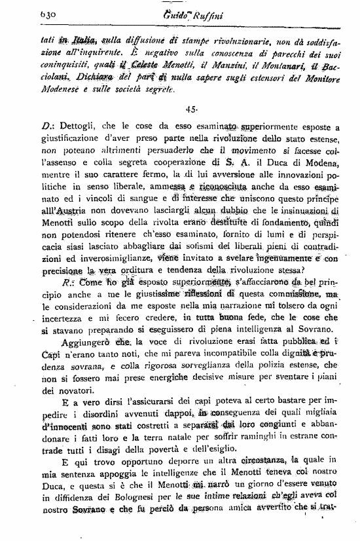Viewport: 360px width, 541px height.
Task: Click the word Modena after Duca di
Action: (321, 153)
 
